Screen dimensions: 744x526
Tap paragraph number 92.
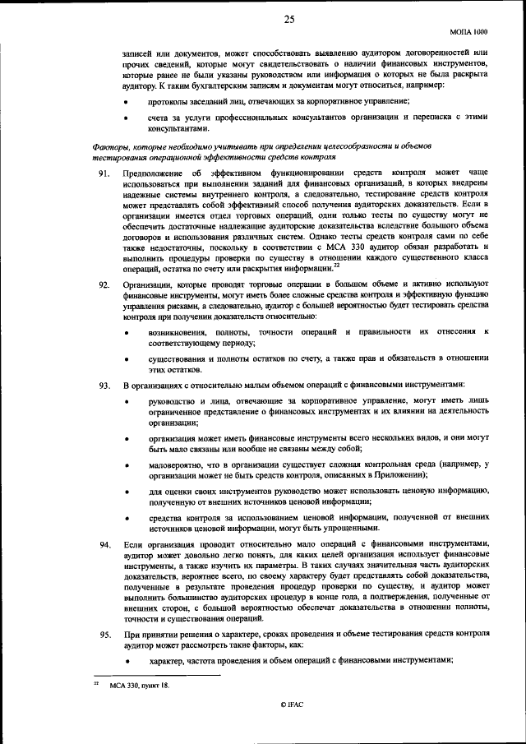coord(104,284)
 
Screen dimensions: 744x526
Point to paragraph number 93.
coord(104,385)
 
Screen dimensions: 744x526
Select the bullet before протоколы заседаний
coord(126,101)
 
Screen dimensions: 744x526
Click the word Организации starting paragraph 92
coord(150,284)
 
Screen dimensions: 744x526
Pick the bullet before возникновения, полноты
coord(126,331)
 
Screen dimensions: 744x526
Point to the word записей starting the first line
coord(136,53)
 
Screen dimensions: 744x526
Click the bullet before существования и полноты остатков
coord(126,359)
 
